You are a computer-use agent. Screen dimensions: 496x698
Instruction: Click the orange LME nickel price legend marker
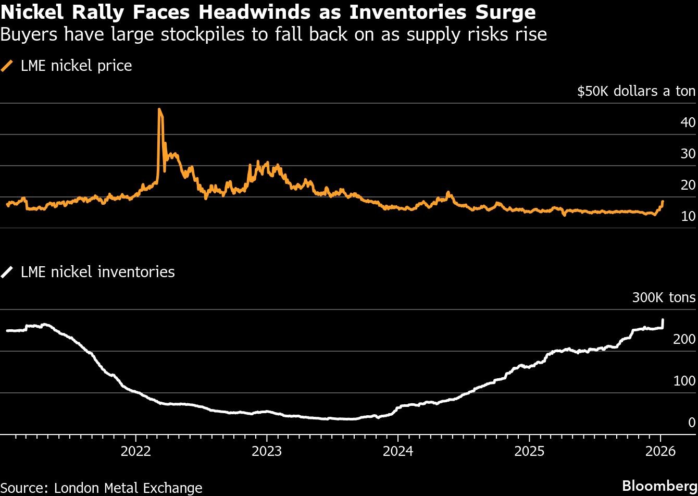(8, 66)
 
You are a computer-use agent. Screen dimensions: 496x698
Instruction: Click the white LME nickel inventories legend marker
(8, 272)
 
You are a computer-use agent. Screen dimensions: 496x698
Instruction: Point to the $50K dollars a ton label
(636, 92)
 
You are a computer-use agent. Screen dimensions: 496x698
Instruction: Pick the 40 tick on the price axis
(688, 123)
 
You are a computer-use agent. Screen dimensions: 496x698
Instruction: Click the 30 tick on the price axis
(688, 154)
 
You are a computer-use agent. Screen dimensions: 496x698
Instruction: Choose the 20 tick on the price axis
(688, 185)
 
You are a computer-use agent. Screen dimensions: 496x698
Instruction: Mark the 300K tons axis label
(664, 298)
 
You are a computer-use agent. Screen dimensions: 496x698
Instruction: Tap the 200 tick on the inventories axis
(684, 339)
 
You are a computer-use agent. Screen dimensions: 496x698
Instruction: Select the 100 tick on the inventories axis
(684, 381)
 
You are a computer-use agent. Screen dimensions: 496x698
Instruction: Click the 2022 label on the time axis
(135, 451)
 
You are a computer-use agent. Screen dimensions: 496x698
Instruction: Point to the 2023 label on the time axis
(267, 451)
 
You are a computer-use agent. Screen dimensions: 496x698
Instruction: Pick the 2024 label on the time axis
(398, 451)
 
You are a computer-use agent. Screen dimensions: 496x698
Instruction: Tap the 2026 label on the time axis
(660, 451)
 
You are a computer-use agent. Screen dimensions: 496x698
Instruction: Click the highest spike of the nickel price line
(159, 109)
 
